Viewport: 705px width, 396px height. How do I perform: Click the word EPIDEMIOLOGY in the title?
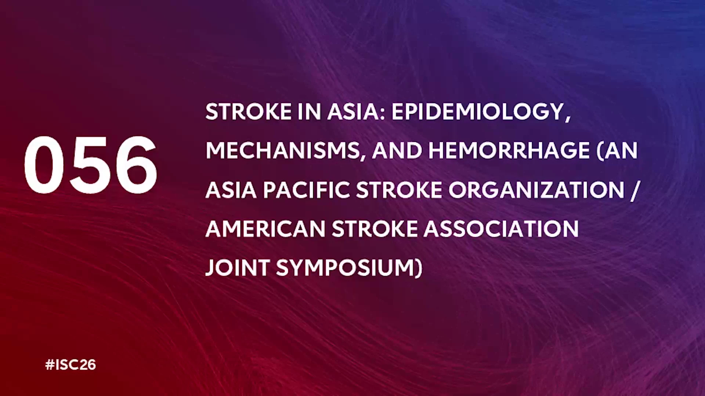pyautogui.click(x=478, y=111)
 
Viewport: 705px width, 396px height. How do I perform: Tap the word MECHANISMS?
pyautogui.click(x=283, y=151)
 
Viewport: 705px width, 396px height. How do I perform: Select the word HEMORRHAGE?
pyautogui.click(x=509, y=151)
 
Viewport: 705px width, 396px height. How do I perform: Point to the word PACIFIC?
pyautogui.click(x=306, y=190)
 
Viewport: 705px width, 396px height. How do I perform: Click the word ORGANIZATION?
pyautogui.click(x=536, y=190)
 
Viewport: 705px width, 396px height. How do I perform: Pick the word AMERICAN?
pyautogui.click(x=265, y=229)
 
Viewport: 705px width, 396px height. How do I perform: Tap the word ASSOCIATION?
pyautogui.click(x=502, y=229)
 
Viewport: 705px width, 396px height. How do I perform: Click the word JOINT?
pyautogui.click(x=238, y=268)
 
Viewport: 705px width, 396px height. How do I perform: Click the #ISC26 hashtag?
pyautogui.click(x=70, y=365)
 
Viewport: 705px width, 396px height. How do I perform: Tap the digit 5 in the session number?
pyautogui.click(x=90, y=165)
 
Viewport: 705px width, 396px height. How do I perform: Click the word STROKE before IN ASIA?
pyautogui.click(x=249, y=111)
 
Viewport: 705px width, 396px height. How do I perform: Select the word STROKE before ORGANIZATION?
pyautogui.click(x=399, y=190)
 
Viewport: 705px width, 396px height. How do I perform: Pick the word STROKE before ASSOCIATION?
pyautogui.click(x=375, y=229)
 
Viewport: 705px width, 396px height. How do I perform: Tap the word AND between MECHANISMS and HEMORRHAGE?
pyautogui.click(x=397, y=151)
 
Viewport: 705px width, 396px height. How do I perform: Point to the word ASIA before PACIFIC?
pyautogui.click(x=231, y=190)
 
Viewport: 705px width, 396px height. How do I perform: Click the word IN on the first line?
pyautogui.click(x=309, y=111)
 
